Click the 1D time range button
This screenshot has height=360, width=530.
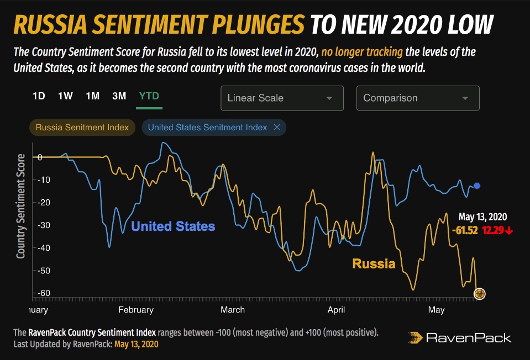39,96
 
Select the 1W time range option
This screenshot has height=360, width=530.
65,96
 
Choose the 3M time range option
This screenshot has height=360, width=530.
119,96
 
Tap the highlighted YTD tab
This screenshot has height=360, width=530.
149,96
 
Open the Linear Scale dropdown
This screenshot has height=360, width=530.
282,98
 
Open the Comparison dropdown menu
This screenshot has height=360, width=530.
418,98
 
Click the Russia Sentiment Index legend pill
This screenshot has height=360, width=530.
82,128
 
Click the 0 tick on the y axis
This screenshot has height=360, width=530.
40,158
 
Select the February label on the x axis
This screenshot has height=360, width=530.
136,310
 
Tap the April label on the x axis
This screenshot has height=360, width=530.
336,310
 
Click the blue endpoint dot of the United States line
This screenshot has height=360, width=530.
477,186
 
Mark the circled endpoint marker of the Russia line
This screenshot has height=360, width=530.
480,294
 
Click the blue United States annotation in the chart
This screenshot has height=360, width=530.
173,226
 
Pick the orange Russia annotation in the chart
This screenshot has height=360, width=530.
374,264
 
